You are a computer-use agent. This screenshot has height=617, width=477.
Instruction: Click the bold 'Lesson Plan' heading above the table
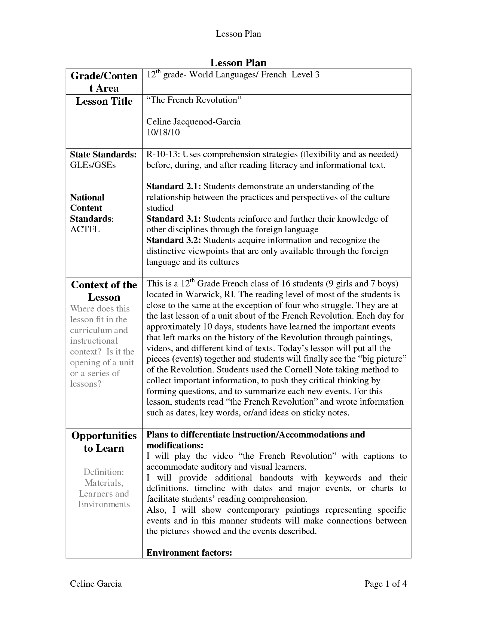pos(238,62)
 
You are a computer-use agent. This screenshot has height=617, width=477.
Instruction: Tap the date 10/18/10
pos(163,132)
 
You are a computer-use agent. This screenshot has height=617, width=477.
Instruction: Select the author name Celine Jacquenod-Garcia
pos(193,122)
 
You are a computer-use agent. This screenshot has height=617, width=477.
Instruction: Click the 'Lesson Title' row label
pos(104,101)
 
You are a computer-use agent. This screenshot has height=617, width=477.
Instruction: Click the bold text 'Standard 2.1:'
pos(174,187)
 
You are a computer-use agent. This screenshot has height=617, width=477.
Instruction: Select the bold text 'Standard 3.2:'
pos(174,240)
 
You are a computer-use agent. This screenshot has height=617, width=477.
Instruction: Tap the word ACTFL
pos(85,229)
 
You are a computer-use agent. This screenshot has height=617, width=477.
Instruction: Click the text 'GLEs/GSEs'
pos(93,165)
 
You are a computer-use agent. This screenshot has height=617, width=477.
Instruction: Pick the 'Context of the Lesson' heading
pos(104,291)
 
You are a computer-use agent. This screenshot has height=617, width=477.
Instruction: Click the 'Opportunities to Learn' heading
pos(104,442)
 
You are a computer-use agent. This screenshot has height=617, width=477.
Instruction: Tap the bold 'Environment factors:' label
pos(189,553)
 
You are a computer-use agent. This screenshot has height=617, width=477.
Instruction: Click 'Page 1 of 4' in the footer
pos(385,584)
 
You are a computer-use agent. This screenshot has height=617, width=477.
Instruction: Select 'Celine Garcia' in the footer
pos(96,584)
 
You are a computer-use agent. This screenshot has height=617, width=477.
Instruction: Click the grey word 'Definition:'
pos(104,472)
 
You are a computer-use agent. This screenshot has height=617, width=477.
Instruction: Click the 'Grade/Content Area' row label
pos(104,82)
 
